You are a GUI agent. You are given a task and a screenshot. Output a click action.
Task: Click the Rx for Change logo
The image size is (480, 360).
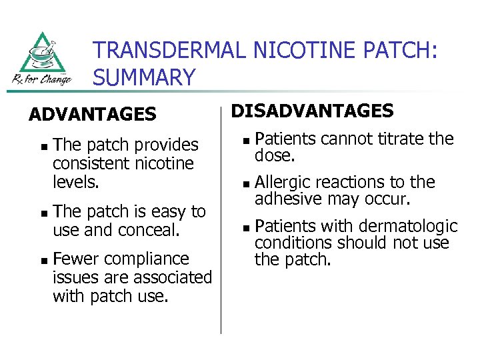pos(42,59)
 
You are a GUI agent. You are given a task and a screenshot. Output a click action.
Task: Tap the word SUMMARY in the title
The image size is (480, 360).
pos(144,78)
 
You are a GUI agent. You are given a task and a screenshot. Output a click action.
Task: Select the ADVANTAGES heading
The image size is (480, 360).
pos(92,115)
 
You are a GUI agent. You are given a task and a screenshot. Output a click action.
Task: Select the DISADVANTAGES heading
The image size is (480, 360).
pos(312,111)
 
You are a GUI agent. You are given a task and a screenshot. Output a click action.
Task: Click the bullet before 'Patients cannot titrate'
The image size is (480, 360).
pos(245,141)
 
